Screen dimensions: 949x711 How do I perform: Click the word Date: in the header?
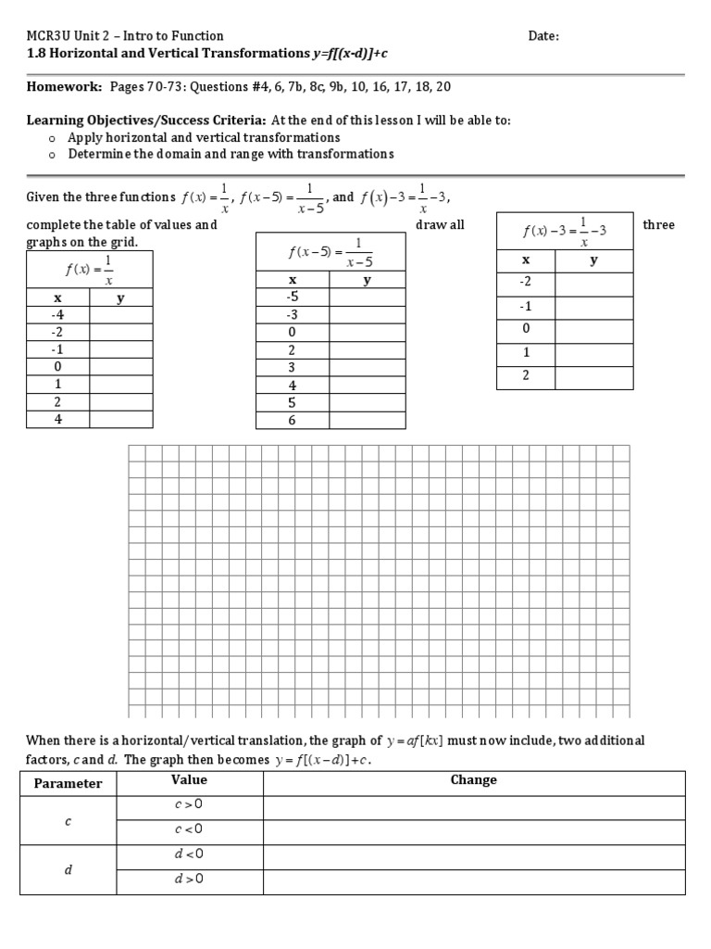click(x=543, y=36)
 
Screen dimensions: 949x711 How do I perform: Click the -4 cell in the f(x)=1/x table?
click(x=57, y=314)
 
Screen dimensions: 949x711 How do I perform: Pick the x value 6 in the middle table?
click(x=293, y=420)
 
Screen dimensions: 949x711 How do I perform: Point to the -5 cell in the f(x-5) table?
click(x=293, y=297)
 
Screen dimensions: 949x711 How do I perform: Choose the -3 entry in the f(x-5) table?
click(x=293, y=314)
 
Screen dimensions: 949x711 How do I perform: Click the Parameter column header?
click(x=68, y=784)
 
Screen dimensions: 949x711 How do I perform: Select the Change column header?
click(x=473, y=780)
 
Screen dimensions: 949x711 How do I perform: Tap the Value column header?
click(x=189, y=780)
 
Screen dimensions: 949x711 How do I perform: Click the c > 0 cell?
click(x=189, y=805)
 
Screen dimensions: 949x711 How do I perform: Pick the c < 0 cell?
click(x=189, y=829)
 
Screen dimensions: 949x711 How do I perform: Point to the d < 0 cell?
click(x=189, y=854)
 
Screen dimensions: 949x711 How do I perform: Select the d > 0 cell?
click(x=189, y=879)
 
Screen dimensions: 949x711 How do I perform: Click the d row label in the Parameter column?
click(x=68, y=868)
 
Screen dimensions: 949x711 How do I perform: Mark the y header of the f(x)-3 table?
click(x=593, y=261)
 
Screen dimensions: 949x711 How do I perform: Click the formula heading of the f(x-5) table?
click(x=330, y=250)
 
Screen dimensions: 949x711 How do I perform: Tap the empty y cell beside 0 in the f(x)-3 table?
click(x=593, y=330)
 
